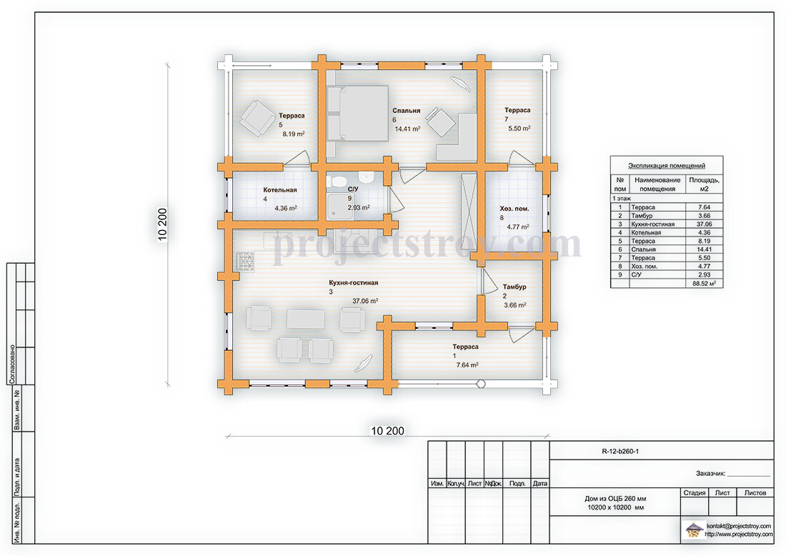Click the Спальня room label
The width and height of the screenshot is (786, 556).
(406, 110)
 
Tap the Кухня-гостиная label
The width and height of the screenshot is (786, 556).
(354, 283)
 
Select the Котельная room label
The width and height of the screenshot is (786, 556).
(279, 190)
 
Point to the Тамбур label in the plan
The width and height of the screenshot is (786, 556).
(514, 287)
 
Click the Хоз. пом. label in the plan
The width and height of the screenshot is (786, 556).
(514, 209)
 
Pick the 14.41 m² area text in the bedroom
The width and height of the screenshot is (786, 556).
(407, 129)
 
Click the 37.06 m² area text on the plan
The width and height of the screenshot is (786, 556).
(365, 301)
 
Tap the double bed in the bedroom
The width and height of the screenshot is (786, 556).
(358, 114)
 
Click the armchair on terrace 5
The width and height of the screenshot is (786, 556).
(258, 119)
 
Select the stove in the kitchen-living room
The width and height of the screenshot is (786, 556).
(245, 262)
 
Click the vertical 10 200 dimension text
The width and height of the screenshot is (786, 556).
(162, 224)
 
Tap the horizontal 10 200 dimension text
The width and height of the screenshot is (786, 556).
(387, 431)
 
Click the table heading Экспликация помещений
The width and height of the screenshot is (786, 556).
(667, 166)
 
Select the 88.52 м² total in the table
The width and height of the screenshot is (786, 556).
(705, 283)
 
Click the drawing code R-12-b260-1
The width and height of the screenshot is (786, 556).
(620, 451)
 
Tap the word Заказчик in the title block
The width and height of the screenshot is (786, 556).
(710, 473)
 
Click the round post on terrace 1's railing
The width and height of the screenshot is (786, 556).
(481, 384)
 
